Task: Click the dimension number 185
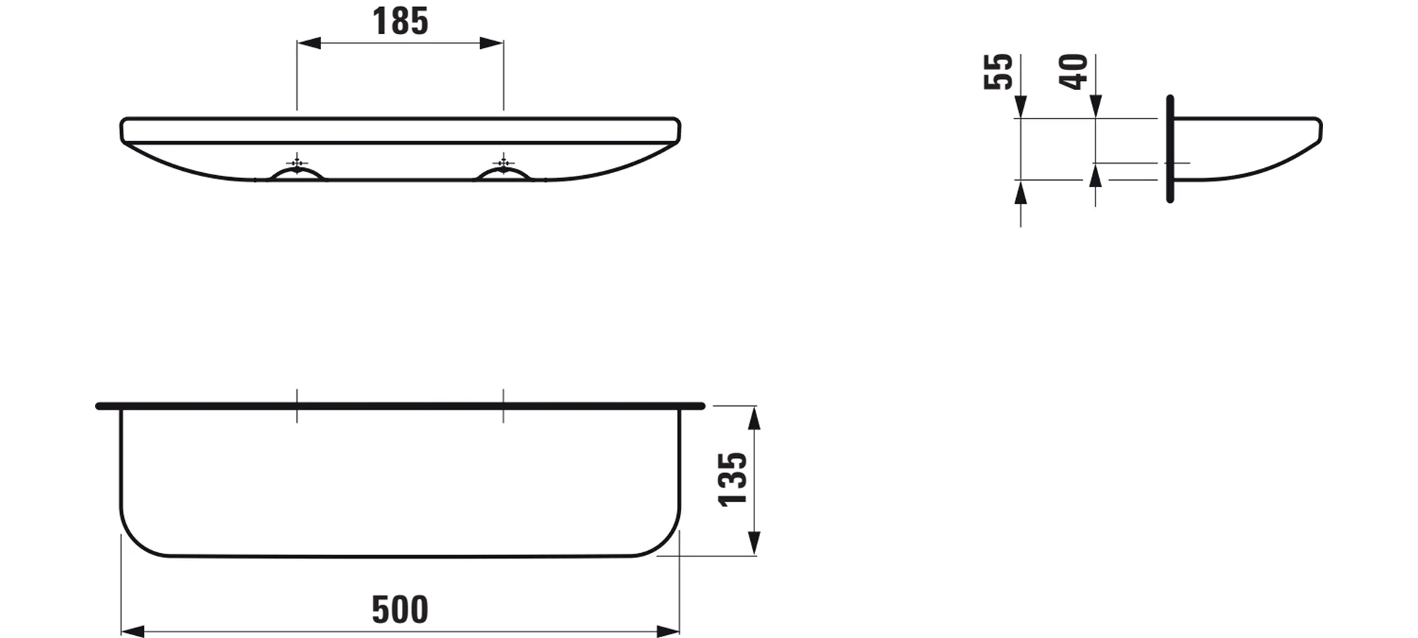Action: pyautogui.click(x=400, y=21)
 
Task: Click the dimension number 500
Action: pyautogui.click(x=400, y=610)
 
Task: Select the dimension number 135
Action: pyautogui.click(x=733, y=480)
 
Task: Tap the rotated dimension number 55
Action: pyautogui.click(x=998, y=72)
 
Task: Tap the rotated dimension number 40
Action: pyautogui.click(x=1073, y=72)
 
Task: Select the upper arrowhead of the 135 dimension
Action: pyautogui.click(x=754, y=419)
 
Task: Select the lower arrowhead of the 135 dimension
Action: pyautogui.click(x=754, y=542)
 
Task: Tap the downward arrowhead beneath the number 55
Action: pyautogui.click(x=1020, y=107)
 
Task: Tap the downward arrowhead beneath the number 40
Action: pyautogui.click(x=1095, y=107)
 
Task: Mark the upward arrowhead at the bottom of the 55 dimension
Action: pyautogui.click(x=1020, y=192)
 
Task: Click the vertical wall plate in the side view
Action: pyautogui.click(x=1170, y=149)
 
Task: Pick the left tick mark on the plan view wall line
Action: pyautogui.click(x=297, y=405)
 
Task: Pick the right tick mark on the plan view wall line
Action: pyautogui.click(x=503, y=405)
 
